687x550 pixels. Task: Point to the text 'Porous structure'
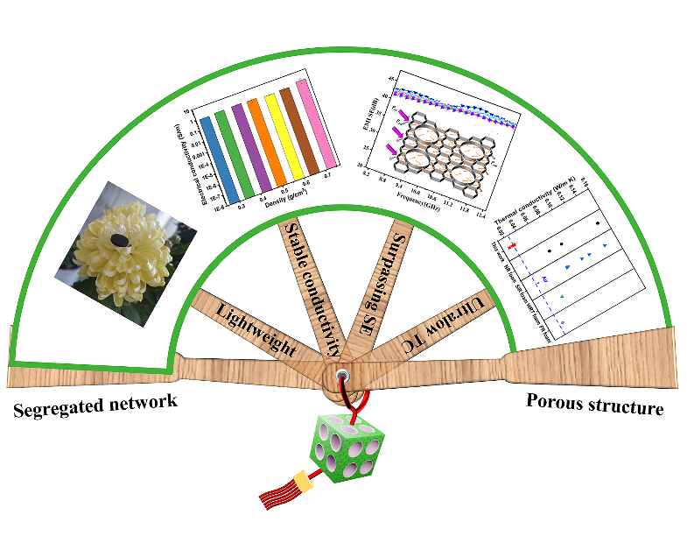(595, 405)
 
